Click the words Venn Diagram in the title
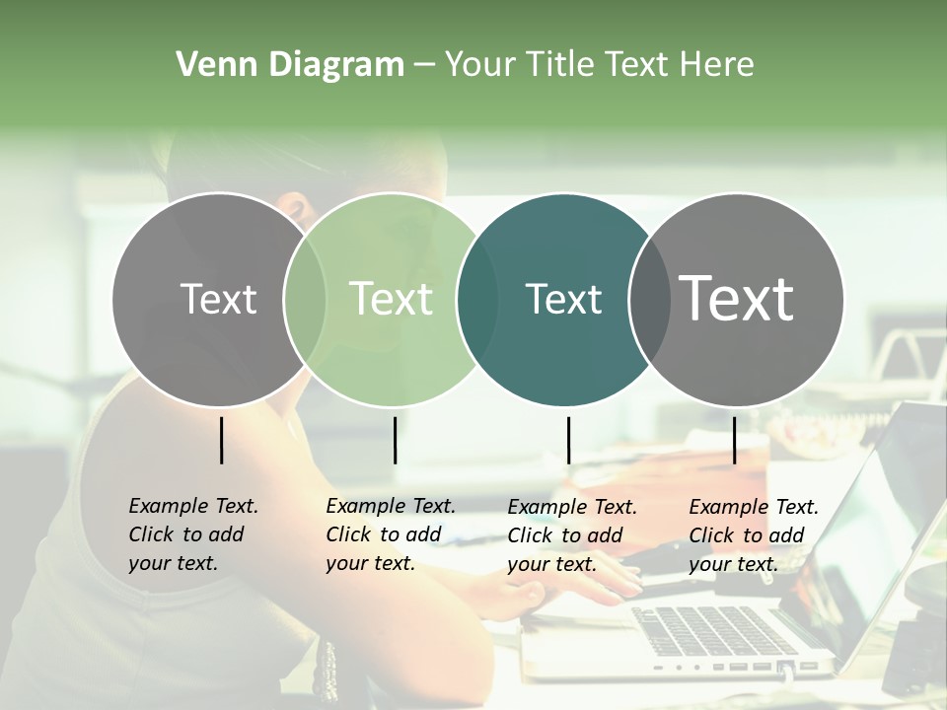tap(290, 65)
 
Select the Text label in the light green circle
tap(391, 299)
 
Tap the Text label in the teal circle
tap(563, 299)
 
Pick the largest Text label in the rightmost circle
tap(737, 299)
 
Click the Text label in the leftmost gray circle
tap(218, 299)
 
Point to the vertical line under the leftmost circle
tap(221, 440)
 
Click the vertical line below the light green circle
tap(395, 440)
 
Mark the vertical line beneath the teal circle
tap(568, 440)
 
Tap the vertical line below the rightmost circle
tap(734, 440)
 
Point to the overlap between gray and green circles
tap(305, 299)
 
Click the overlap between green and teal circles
tap(477, 299)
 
